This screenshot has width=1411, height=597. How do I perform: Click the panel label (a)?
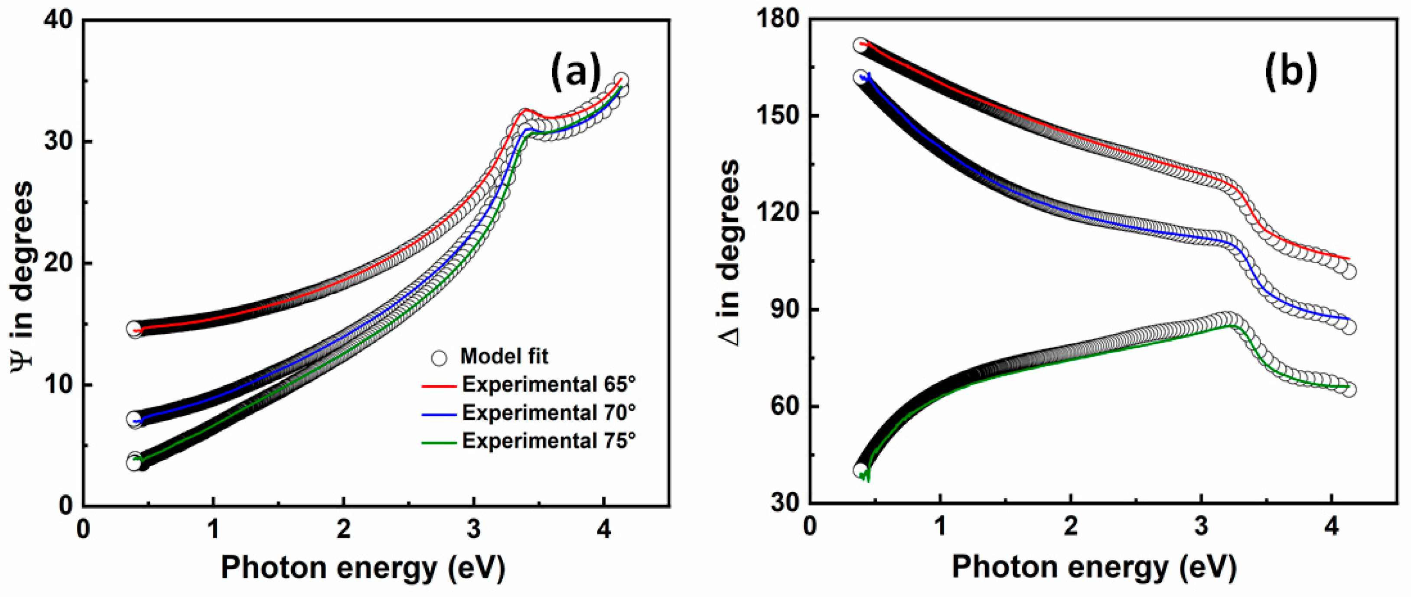click(x=576, y=72)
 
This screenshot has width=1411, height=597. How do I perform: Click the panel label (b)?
click(x=1290, y=72)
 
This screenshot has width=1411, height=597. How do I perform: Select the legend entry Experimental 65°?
click(x=548, y=385)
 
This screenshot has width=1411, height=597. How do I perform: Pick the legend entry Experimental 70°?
click(x=548, y=413)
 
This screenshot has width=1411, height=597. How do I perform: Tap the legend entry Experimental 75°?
click(x=548, y=441)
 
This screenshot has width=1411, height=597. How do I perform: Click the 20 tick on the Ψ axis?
click(x=58, y=263)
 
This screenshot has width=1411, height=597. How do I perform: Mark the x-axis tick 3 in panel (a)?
click(x=473, y=530)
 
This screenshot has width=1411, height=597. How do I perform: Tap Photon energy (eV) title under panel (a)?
click(x=362, y=568)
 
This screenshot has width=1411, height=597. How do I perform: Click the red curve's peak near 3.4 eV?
click(x=525, y=110)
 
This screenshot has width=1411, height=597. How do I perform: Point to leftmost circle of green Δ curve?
click(x=860, y=469)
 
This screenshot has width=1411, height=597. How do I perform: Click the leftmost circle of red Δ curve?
click(x=860, y=46)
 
